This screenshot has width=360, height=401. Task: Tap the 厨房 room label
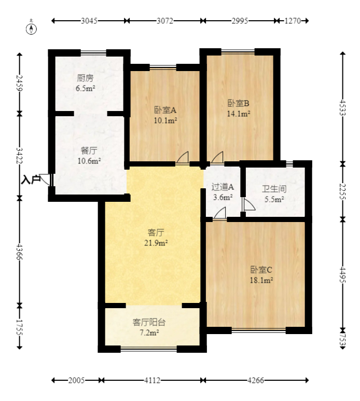pos(85,78)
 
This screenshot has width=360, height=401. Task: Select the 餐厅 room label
pos(89,150)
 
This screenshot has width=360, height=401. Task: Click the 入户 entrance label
pos(31,180)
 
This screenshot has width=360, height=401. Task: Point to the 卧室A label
pos(165,110)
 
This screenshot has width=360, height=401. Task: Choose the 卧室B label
pos(239,103)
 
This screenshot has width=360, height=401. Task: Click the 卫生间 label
pos(274,189)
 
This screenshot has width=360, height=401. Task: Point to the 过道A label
pos(222,187)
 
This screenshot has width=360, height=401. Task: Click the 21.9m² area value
pos(155,242)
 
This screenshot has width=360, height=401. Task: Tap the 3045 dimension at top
pos(89,21)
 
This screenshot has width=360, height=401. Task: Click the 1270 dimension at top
pos(293,21)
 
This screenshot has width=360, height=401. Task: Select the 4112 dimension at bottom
pos(152,380)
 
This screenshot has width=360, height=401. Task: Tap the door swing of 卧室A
pos(183,158)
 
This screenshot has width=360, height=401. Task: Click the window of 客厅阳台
pos(149,348)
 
